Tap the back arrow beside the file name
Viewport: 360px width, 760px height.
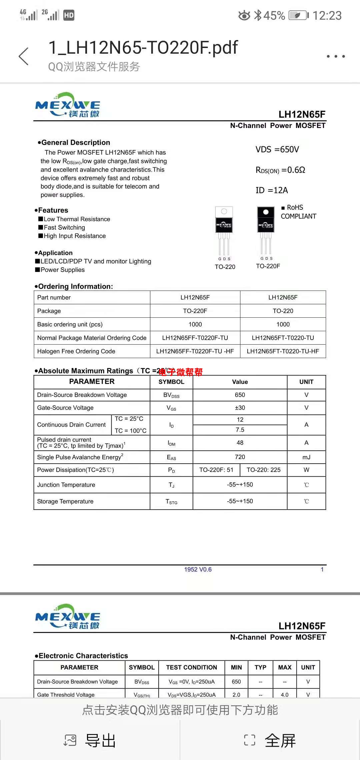(x=24, y=56)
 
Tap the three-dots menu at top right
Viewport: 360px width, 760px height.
(x=335, y=56)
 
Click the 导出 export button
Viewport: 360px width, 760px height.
(x=90, y=741)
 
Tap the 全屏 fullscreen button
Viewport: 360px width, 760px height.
(x=270, y=741)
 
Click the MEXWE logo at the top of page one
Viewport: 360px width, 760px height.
(x=68, y=105)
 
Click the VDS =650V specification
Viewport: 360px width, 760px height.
(x=277, y=149)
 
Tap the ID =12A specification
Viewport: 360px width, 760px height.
(x=271, y=190)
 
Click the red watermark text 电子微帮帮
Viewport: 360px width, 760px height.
(x=181, y=372)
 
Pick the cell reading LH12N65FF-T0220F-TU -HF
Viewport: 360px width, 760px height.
(x=195, y=351)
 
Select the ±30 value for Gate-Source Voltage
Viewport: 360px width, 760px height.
(x=240, y=408)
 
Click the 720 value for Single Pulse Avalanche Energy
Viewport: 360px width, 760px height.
(x=240, y=457)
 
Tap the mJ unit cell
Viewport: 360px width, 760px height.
(x=306, y=457)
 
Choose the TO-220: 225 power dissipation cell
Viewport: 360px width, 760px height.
(x=263, y=470)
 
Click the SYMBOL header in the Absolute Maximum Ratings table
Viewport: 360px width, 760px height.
(x=171, y=382)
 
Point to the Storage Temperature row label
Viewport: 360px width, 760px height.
(x=65, y=501)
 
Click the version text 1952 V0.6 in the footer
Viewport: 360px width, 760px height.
(x=198, y=569)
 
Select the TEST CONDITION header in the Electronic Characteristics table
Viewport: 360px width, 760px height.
(x=191, y=667)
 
